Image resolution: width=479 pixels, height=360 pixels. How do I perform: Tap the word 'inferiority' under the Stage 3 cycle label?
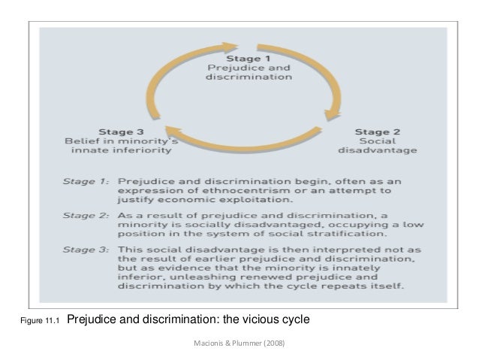tap(147, 150)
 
